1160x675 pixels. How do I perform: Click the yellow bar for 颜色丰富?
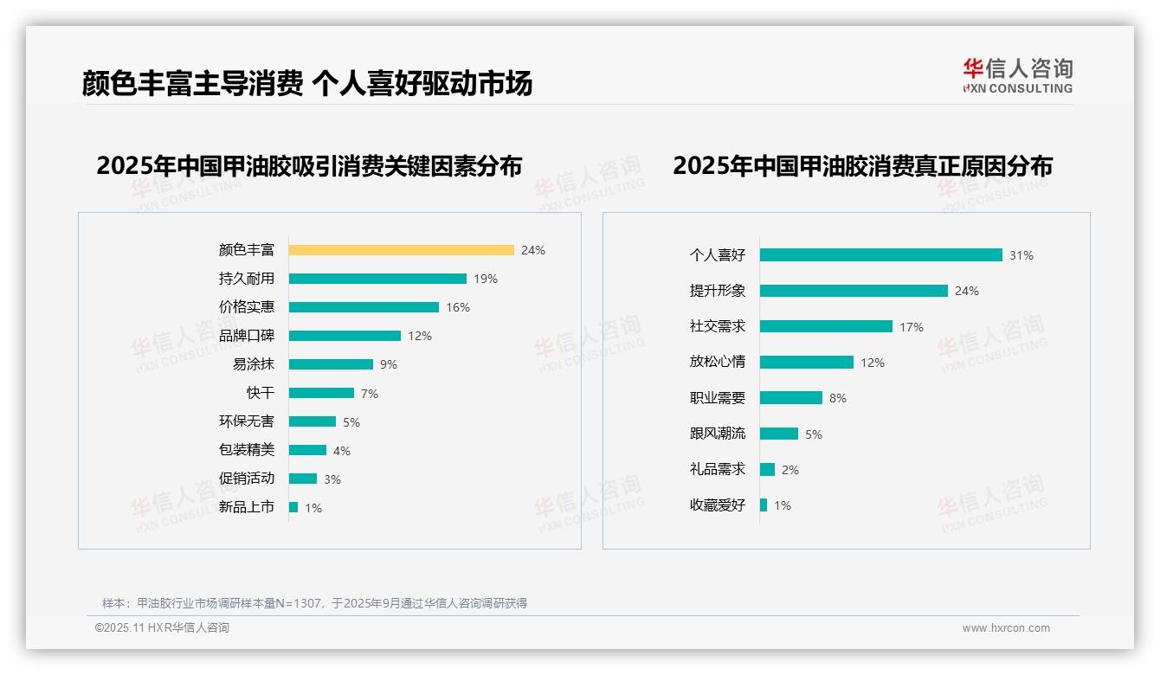(401, 250)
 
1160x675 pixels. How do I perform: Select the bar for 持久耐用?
(377, 279)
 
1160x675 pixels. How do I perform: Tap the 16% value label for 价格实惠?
(458, 307)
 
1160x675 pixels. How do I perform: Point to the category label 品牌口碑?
(247, 336)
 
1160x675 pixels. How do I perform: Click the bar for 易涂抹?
(331, 364)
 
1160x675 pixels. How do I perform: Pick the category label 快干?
(261, 393)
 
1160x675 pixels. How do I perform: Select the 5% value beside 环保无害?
(351, 422)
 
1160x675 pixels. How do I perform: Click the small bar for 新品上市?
(293, 507)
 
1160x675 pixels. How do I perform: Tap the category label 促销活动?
(247, 479)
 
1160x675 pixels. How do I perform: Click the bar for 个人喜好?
(880, 255)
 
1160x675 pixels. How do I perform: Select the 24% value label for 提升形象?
(966, 291)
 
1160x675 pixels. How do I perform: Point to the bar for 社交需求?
(826, 326)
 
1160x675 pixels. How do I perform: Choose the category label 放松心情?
(718, 362)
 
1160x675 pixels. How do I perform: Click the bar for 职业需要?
(791, 398)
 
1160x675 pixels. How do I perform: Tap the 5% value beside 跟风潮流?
(813, 434)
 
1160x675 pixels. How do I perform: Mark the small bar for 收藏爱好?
(764, 505)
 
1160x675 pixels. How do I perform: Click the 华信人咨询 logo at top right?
(1017, 76)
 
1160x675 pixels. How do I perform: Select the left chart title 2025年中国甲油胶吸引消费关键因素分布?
(309, 165)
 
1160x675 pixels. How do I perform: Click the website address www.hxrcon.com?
(1006, 628)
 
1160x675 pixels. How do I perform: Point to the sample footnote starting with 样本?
(314, 603)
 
